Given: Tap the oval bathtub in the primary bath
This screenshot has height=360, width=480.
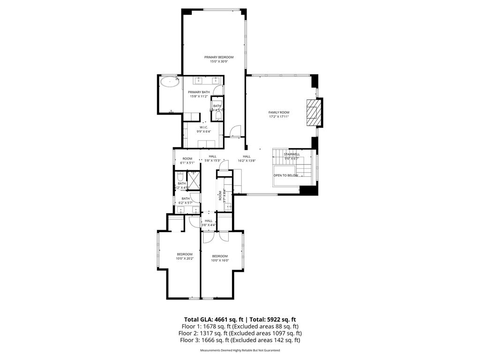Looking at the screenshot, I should pos(169,82).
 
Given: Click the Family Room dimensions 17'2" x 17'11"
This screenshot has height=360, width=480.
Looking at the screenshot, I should pos(278,117).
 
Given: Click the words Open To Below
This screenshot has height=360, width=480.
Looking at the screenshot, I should pos(286,175).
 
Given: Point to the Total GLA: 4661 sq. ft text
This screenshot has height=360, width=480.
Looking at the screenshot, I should pos(210,319).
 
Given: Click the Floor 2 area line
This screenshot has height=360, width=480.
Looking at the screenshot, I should pos(240,333).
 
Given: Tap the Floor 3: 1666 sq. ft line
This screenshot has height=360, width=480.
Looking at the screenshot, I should pos(240,340).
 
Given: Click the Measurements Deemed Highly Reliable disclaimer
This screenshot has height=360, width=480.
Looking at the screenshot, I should pos(240,351).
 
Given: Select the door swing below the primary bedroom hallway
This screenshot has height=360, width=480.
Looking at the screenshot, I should pos(236,131).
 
